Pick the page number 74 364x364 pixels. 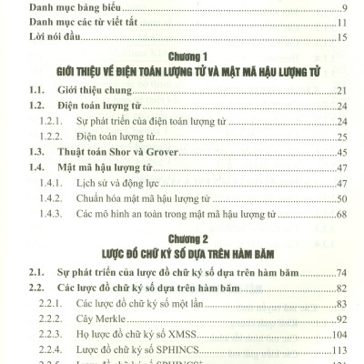[x=343, y=272]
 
